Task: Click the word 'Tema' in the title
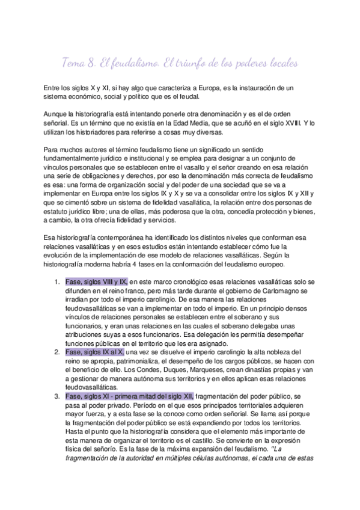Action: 75,63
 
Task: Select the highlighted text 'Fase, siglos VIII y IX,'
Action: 96,282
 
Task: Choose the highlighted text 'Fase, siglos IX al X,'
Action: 93,352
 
